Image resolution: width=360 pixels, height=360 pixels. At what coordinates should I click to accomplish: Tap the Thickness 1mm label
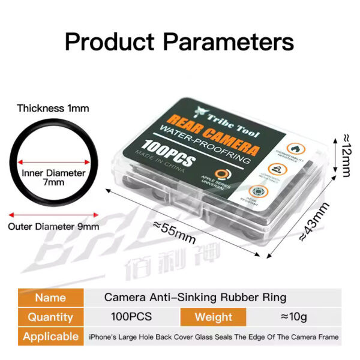(x=53, y=109)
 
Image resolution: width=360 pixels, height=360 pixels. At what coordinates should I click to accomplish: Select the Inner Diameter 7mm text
(x=53, y=177)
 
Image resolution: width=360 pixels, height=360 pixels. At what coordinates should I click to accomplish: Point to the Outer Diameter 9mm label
(x=53, y=227)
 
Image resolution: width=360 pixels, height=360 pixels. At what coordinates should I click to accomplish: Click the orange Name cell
(x=50, y=297)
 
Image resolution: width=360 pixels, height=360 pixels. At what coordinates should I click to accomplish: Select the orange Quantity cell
(x=50, y=317)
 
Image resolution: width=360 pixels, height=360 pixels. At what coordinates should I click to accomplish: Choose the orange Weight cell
(x=214, y=317)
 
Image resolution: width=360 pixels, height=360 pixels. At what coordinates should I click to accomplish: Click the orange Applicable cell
(x=50, y=337)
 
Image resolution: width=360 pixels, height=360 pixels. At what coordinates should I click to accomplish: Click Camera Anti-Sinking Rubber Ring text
(x=195, y=297)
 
